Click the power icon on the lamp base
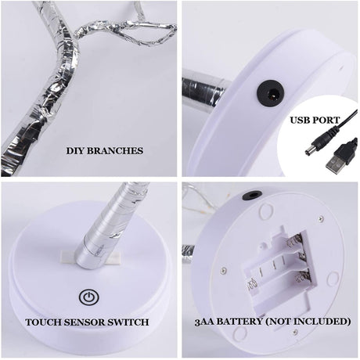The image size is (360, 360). [x=89, y=297]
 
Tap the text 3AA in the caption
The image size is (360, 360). [x=204, y=322]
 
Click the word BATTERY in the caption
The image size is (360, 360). [x=239, y=322]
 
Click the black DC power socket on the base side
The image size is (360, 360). [x=271, y=94]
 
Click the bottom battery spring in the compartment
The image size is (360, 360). [x=303, y=277]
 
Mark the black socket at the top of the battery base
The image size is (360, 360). [x=252, y=196]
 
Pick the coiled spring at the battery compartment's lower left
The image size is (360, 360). [x=251, y=283]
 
